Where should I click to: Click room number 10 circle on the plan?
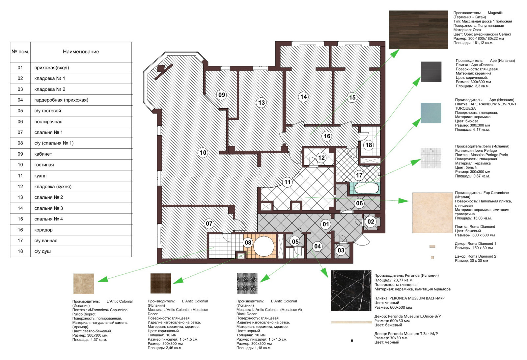[203, 153]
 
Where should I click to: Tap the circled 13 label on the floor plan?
[262, 103]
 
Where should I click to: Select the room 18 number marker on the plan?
[369, 145]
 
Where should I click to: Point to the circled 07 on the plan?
[209, 223]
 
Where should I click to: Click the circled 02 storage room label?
[371, 221]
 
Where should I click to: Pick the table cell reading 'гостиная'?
[44, 165]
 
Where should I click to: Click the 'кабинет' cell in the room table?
[43, 154]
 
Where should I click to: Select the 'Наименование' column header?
[81, 52]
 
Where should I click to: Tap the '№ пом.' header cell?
[20, 52]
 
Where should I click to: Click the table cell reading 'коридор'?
[43, 230]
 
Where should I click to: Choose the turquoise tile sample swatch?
[431, 113]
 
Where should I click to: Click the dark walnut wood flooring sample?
[418, 30]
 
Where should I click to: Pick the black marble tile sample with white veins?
[351, 291]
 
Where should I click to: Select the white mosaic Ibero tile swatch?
[431, 158]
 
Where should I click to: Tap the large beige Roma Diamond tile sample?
[432, 213]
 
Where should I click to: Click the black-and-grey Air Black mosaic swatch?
[247, 283]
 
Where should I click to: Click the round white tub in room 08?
[263, 246]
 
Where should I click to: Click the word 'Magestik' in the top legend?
[495, 13]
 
